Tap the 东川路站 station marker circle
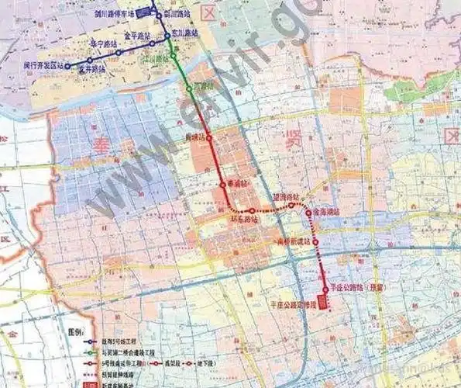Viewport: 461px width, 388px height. click(x=168, y=33)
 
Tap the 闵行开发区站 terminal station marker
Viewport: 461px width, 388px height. click(x=67, y=65)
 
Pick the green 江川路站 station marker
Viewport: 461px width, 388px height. click(x=174, y=56)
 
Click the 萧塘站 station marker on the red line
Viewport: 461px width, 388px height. click(x=208, y=137)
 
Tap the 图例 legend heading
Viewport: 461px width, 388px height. click(x=76, y=331)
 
